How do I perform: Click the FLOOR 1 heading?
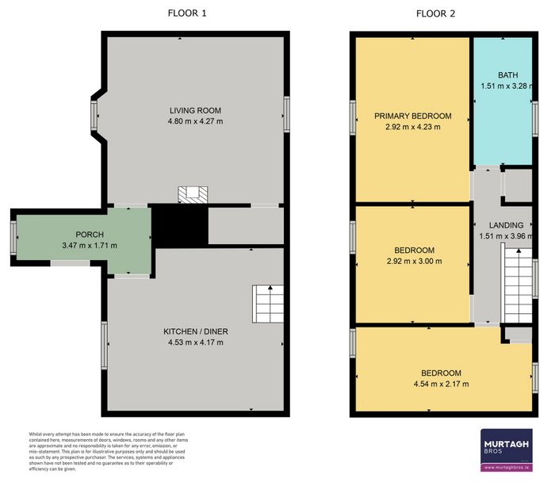coord(187,13)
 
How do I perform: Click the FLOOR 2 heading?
coord(437,13)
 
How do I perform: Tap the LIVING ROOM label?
coord(194,110)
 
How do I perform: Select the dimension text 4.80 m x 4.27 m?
coord(194,121)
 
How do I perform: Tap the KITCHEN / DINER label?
coord(193,331)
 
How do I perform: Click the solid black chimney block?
coord(178,225)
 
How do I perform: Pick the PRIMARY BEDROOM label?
coord(412,116)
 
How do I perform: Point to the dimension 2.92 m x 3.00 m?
coord(414,261)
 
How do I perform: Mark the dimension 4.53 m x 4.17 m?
coord(193,342)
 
